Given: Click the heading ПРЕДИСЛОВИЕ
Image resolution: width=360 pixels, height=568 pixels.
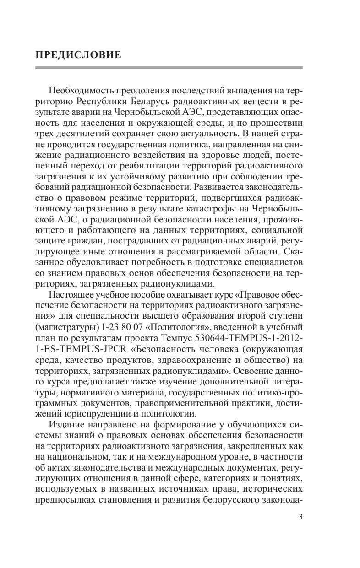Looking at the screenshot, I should coord(78,55).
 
